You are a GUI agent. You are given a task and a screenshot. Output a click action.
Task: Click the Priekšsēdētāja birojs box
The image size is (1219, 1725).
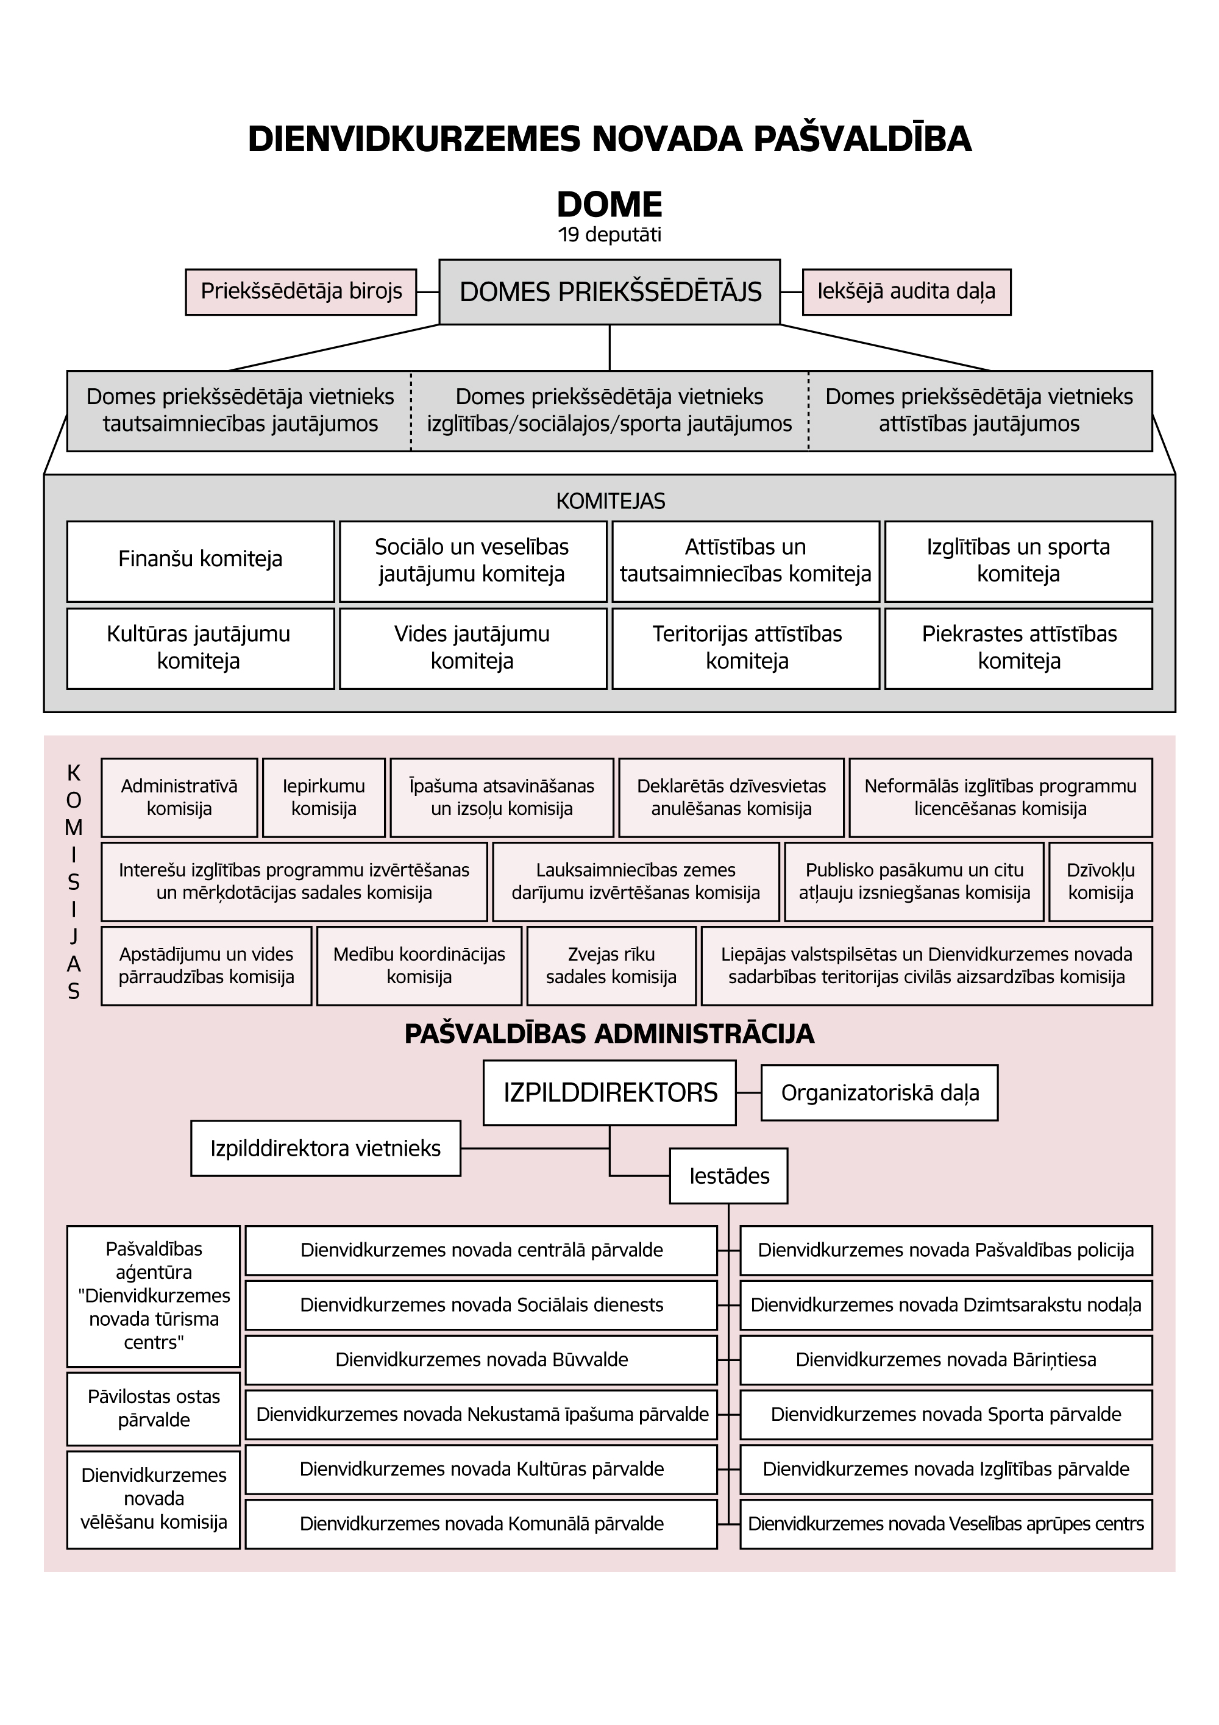(301, 291)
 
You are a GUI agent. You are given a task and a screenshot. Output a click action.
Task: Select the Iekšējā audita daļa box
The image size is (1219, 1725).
(906, 291)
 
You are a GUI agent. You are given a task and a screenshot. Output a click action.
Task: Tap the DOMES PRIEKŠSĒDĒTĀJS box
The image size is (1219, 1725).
(610, 291)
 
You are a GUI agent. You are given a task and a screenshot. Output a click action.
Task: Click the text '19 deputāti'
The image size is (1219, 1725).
(610, 235)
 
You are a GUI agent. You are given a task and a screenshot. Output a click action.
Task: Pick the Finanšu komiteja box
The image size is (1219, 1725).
(201, 561)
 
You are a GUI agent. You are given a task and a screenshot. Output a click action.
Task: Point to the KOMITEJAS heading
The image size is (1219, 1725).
(611, 501)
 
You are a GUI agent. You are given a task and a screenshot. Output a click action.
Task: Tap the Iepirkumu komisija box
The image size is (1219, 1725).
(324, 797)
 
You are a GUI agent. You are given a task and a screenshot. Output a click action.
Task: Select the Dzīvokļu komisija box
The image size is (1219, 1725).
(1100, 881)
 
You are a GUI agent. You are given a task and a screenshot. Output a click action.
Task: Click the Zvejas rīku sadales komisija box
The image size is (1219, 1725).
(611, 966)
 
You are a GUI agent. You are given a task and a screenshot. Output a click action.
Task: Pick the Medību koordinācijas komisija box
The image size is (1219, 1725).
(419, 966)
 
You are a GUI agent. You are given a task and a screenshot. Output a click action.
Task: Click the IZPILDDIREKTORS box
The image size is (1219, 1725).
(610, 1092)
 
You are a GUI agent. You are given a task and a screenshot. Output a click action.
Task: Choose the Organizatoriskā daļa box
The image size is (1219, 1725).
(880, 1092)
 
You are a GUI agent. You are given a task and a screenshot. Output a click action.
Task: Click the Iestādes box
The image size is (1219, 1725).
(728, 1176)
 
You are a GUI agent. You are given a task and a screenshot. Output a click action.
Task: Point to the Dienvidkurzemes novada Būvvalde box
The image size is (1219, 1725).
(482, 1360)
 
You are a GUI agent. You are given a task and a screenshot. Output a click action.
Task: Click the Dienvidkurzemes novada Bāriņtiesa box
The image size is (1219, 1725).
(947, 1360)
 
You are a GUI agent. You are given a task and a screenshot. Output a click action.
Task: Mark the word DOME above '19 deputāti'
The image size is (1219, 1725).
(610, 204)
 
